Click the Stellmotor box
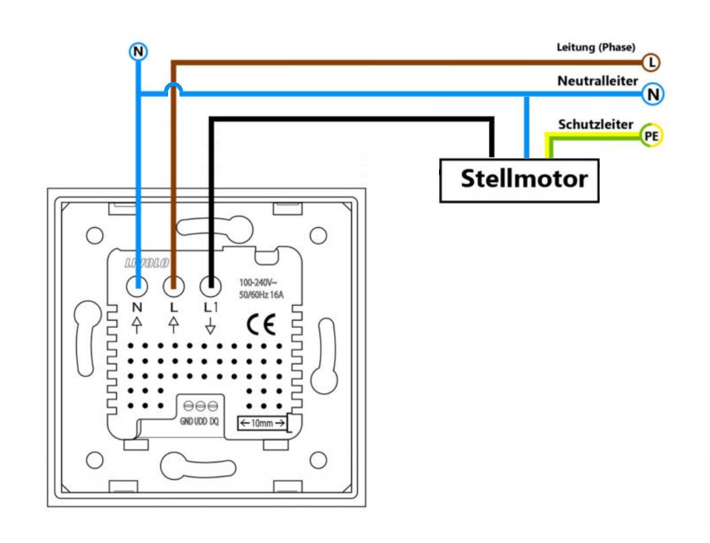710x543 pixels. pos(519,180)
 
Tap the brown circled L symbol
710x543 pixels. pos(651,63)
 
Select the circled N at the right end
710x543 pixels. pos(652,94)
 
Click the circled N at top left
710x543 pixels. pos(138,52)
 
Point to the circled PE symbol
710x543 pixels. pos(651,136)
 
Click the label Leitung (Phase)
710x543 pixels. pos(596,47)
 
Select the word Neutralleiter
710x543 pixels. pos(598,81)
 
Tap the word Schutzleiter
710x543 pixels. pos(596,124)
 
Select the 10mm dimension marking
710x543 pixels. pos(262,423)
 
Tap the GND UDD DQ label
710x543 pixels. pos(200,422)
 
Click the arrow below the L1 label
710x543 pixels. pos(210,327)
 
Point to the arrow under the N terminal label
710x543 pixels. pos(138,326)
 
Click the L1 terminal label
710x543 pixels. pos(210,307)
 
